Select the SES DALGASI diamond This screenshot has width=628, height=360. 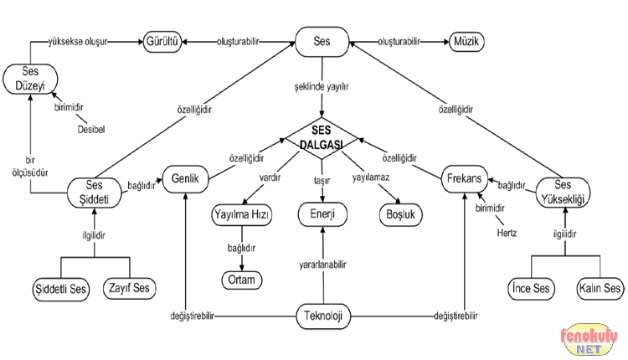click(x=322, y=136)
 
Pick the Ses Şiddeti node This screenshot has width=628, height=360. click(x=95, y=192)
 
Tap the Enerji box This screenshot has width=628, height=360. click(x=322, y=215)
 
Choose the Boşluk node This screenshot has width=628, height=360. click(x=399, y=215)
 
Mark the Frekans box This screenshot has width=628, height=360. click(x=464, y=178)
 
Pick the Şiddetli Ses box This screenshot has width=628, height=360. click(x=60, y=289)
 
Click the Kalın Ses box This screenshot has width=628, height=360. click(x=600, y=289)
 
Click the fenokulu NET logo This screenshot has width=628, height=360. click(x=589, y=340)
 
